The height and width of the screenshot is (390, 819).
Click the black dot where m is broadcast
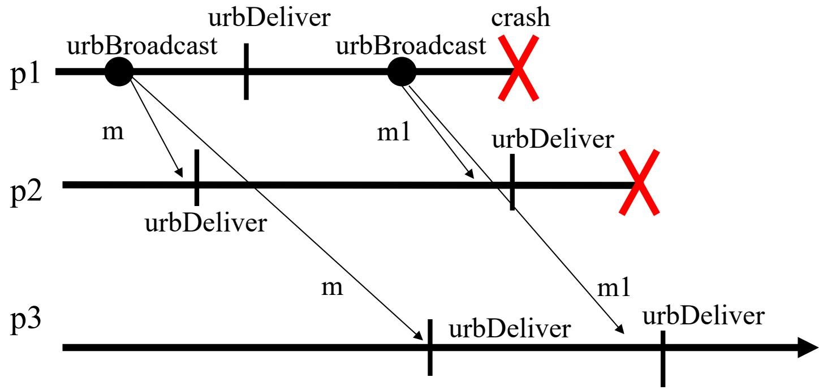(x=118, y=72)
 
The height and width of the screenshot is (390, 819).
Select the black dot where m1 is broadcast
(x=402, y=72)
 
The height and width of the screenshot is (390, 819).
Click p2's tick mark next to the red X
(x=511, y=182)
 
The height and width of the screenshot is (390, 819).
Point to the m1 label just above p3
(x=613, y=289)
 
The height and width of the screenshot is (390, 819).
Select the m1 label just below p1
(x=393, y=134)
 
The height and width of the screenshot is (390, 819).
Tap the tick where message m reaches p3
(x=430, y=347)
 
